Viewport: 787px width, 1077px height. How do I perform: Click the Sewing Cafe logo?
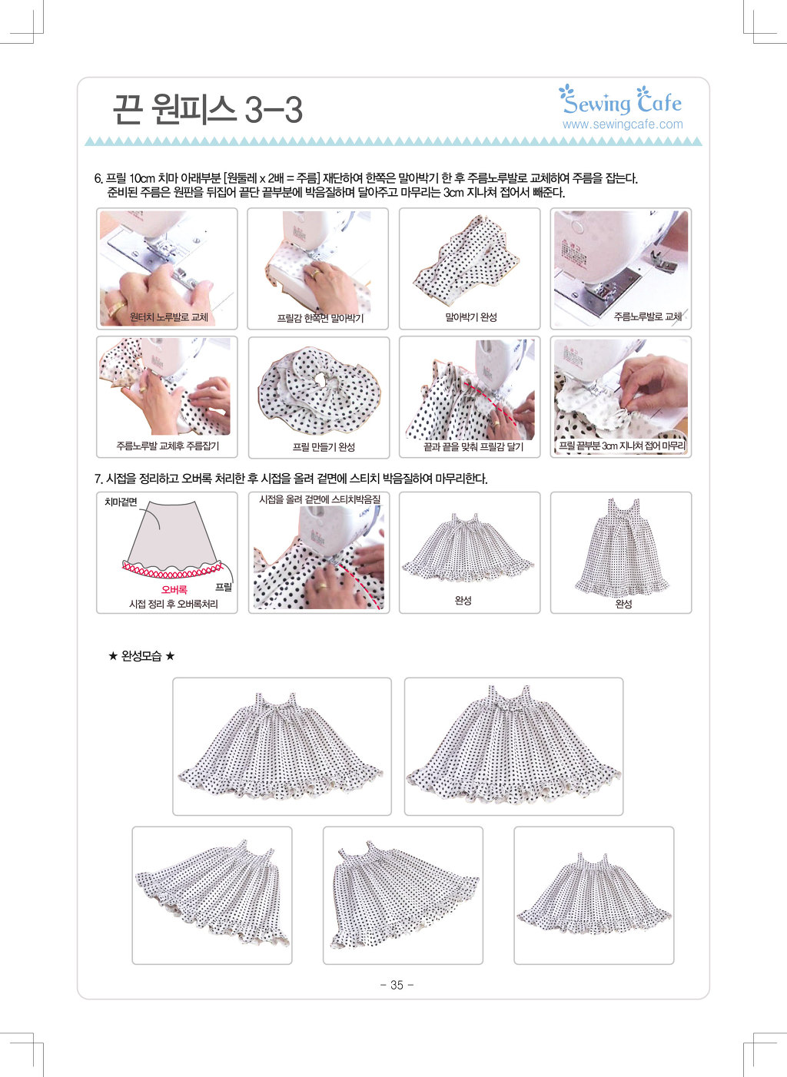point(620,101)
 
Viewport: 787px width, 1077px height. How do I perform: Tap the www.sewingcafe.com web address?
point(623,124)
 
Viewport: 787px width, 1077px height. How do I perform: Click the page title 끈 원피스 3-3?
point(208,110)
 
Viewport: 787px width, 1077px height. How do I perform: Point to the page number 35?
point(397,985)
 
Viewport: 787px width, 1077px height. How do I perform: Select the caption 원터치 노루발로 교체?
point(169,317)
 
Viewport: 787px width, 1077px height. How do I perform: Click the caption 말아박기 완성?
point(471,317)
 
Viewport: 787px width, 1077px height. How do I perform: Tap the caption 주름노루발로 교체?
point(647,316)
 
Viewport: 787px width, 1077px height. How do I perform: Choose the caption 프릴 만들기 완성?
point(324,447)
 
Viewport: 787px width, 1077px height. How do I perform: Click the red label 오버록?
point(174,589)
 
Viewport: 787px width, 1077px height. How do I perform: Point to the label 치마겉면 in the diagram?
point(121,502)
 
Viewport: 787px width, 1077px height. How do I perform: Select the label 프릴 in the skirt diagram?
point(223,587)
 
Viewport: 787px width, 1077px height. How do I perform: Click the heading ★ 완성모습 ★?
point(141,656)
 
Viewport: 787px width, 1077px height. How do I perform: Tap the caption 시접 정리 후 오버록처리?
point(173,605)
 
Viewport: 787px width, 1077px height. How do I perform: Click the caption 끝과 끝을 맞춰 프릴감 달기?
point(473,447)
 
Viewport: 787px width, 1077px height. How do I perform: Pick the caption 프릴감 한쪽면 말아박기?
point(320,318)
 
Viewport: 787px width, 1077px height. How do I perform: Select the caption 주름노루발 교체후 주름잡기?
point(168,446)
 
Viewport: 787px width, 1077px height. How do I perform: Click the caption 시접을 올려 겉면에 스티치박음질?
point(320,499)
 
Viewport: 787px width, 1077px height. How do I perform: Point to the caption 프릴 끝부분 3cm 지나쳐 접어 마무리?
point(622,446)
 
